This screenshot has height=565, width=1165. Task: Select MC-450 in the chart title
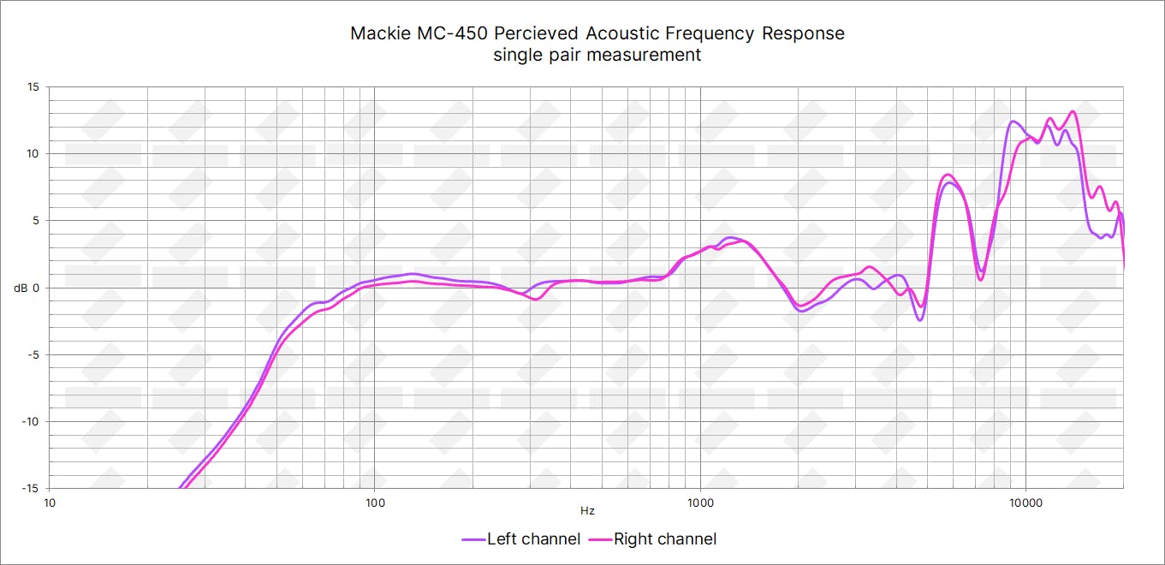pyautogui.click(x=455, y=33)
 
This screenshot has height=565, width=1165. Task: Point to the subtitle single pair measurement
pyautogui.click(x=597, y=55)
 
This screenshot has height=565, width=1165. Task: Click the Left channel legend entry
pyautogui.click(x=521, y=539)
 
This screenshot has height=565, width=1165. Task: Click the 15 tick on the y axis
pyautogui.click(x=33, y=86)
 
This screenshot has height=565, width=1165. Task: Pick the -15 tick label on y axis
pyautogui.click(x=31, y=488)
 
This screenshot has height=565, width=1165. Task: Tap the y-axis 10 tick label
pyautogui.click(x=33, y=153)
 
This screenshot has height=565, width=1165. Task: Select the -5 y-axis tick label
pyautogui.click(x=33, y=354)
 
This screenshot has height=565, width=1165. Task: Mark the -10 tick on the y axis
pyautogui.click(x=31, y=421)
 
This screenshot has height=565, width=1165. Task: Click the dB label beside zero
pyautogui.click(x=21, y=288)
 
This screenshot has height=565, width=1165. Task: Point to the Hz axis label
pyautogui.click(x=587, y=511)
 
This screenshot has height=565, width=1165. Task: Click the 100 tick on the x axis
pyautogui.click(x=375, y=501)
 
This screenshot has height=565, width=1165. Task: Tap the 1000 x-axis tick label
pyautogui.click(x=700, y=501)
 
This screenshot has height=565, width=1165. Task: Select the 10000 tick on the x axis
pyautogui.click(x=1025, y=501)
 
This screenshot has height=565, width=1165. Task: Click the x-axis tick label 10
pyautogui.click(x=50, y=501)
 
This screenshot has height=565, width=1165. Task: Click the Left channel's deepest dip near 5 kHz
pyautogui.click(x=919, y=320)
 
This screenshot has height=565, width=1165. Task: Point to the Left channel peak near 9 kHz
pyautogui.click(x=1013, y=121)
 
